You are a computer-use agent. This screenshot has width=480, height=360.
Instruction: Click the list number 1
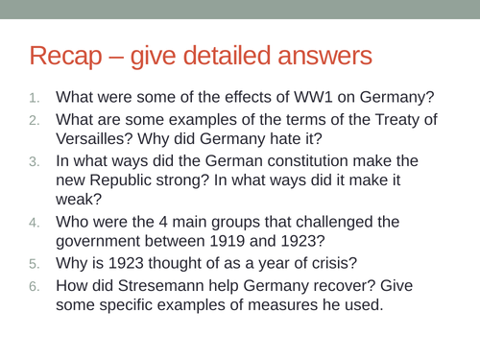coord(35,97)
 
